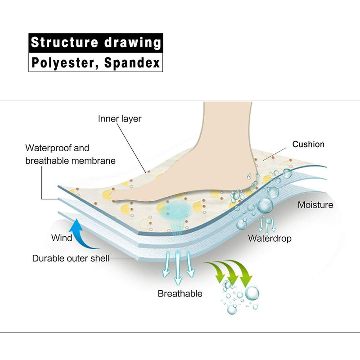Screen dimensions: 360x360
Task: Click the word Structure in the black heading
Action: (x=64, y=42)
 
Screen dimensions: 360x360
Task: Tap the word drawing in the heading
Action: (x=132, y=43)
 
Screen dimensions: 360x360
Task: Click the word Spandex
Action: (x=132, y=63)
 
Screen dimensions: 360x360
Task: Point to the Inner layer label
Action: (x=120, y=119)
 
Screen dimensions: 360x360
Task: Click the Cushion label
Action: (x=308, y=144)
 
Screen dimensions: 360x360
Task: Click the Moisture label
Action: (x=315, y=205)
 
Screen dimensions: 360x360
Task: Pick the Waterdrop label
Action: (x=270, y=238)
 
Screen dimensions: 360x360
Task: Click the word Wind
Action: (x=62, y=238)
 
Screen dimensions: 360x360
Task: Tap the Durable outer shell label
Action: (x=71, y=258)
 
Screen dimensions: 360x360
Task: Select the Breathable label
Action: (x=180, y=294)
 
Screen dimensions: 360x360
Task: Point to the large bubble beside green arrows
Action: (x=252, y=293)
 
